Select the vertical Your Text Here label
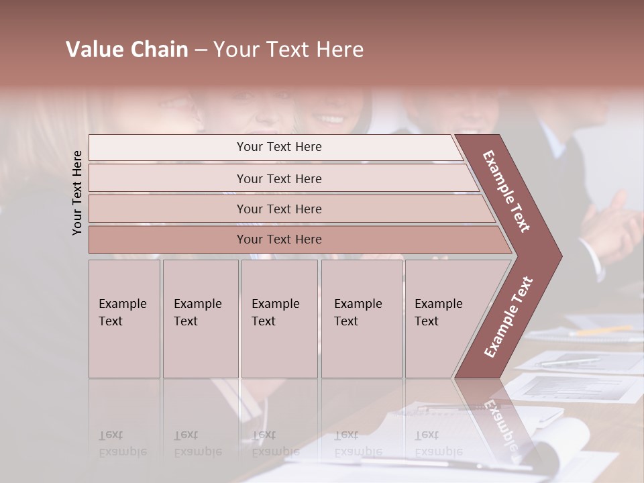(x=77, y=193)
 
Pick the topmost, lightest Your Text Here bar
(x=278, y=147)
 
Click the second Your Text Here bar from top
(x=278, y=178)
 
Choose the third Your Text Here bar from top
(x=278, y=209)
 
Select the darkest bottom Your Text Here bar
(x=278, y=239)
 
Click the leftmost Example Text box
(x=124, y=319)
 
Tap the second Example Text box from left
(x=200, y=319)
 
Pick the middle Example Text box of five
(x=278, y=319)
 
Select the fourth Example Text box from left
(x=361, y=319)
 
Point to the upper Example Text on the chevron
(x=507, y=191)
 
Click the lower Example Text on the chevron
(x=508, y=317)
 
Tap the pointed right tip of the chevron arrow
(x=559, y=256)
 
